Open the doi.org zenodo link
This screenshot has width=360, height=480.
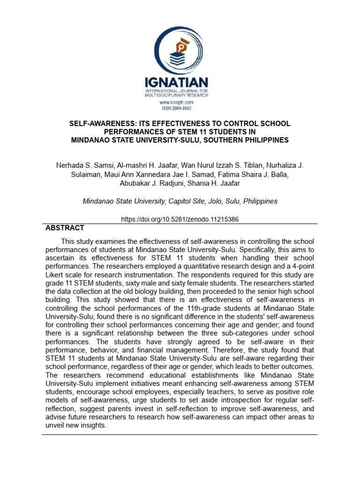(x=180, y=219)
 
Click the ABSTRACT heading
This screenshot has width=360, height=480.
(x=65, y=228)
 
